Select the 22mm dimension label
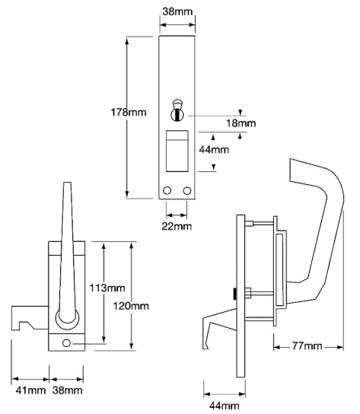pos(177,226)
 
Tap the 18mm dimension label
pos(241,122)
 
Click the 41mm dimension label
pos(30,390)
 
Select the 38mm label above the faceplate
pos(177,11)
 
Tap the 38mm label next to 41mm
pos(67,390)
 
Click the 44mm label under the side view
pos(221,406)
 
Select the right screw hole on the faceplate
pos(186,190)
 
